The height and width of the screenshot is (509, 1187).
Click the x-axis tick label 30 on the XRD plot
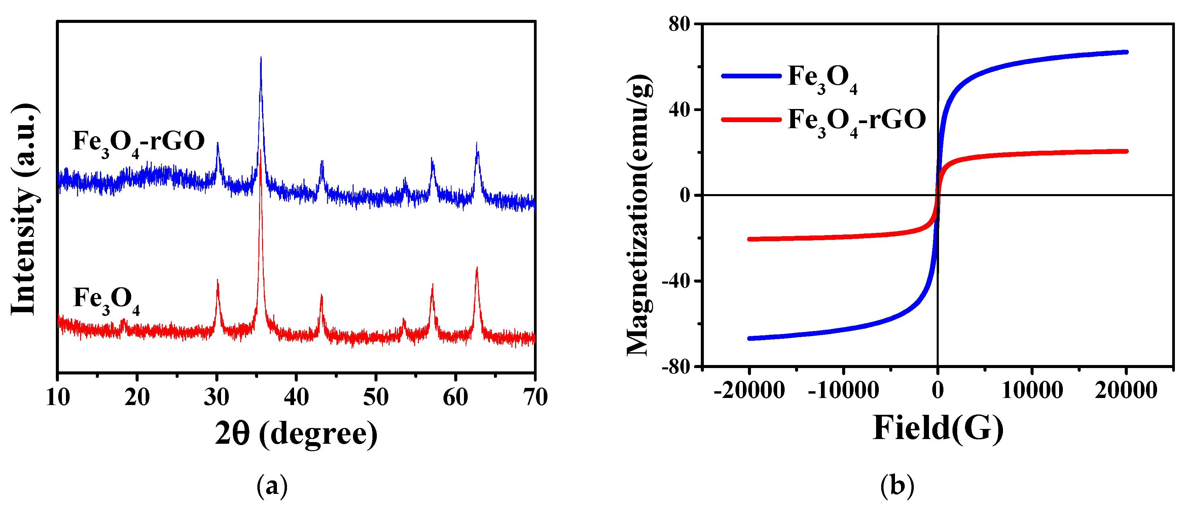(x=217, y=397)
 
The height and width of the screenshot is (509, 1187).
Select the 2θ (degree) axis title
(x=296, y=434)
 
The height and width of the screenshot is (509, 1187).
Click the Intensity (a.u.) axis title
(x=24, y=210)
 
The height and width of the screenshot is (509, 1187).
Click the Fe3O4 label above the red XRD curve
(x=106, y=299)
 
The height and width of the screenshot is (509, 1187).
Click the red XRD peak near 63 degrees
(x=477, y=268)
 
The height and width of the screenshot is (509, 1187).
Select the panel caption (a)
(x=272, y=486)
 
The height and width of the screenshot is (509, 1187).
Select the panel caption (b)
(x=897, y=486)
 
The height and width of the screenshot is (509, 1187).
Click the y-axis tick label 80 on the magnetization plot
(x=679, y=24)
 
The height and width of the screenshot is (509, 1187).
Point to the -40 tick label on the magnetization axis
(x=676, y=282)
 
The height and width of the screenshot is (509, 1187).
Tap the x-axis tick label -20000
(x=749, y=391)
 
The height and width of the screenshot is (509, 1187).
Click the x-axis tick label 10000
(x=1032, y=391)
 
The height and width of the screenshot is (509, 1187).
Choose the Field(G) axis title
(x=938, y=428)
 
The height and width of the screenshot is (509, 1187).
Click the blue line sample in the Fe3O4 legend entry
(x=751, y=76)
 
